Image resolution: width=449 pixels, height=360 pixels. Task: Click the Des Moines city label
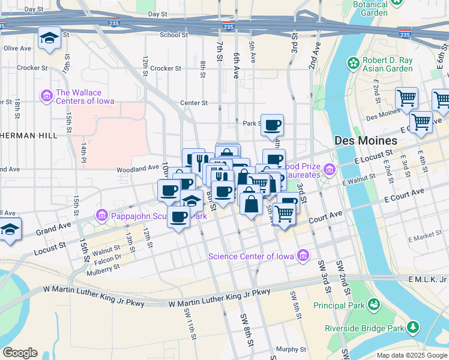click(x=366, y=140)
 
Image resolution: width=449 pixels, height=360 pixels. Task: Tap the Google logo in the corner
click(x=20, y=353)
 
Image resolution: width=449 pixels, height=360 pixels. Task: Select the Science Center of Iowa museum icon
click(x=303, y=256)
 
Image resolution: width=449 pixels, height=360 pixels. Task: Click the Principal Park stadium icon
click(x=374, y=305)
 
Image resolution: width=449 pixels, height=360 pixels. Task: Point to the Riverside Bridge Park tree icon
click(x=413, y=328)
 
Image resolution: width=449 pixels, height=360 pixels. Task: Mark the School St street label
click(x=174, y=35)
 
